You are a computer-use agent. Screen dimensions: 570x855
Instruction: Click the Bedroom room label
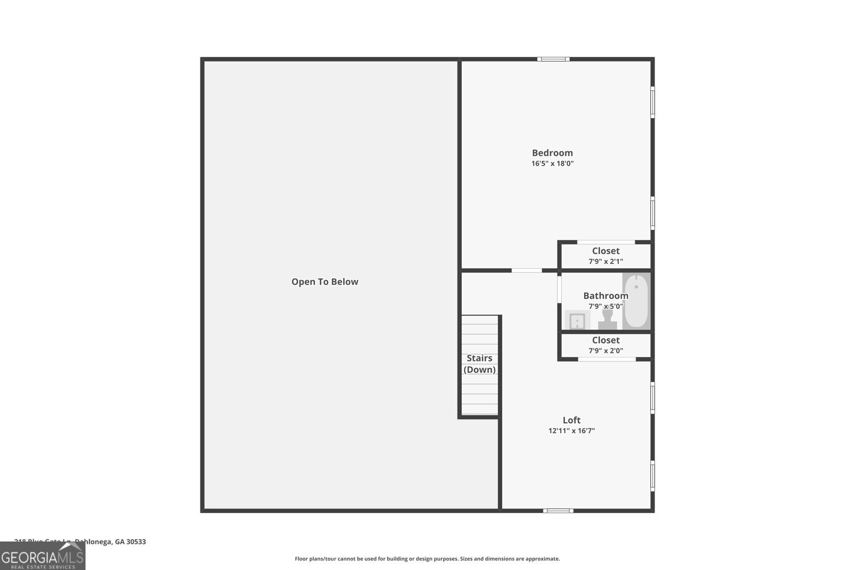(552, 153)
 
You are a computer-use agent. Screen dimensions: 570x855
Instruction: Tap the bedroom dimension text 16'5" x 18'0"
(552, 163)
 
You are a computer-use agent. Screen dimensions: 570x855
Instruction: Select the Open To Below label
(324, 282)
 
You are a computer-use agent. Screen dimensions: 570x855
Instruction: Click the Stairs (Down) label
(479, 364)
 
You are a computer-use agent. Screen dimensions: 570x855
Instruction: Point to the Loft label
(571, 420)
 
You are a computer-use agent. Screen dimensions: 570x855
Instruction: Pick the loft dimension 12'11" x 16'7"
(571, 431)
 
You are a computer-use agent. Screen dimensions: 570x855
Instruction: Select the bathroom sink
(577, 321)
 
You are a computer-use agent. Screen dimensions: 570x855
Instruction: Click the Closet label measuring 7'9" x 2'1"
(605, 251)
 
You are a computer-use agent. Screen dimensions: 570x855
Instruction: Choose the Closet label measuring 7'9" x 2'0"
(605, 340)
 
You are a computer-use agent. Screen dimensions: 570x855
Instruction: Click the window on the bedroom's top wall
(553, 59)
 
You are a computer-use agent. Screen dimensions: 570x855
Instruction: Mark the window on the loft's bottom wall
(558, 511)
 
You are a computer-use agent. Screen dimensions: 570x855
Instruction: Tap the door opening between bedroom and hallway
(526, 270)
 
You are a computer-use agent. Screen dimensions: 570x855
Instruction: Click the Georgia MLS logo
(42, 556)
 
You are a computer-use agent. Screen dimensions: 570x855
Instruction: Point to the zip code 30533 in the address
(136, 542)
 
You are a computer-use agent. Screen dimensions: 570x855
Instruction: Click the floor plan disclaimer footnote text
(427, 559)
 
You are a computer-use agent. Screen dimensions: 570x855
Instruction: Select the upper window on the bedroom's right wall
(652, 102)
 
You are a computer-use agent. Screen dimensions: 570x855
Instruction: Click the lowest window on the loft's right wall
(652, 475)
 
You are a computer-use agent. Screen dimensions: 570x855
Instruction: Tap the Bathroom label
(605, 295)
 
